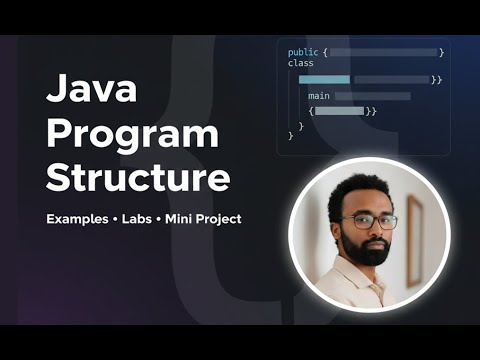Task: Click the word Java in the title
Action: click(x=91, y=88)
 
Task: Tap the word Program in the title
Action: click(x=132, y=134)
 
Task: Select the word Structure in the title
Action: click(x=138, y=176)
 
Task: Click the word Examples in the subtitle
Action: click(x=77, y=219)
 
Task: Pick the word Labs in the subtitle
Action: click(x=137, y=219)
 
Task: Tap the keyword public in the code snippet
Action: click(x=303, y=53)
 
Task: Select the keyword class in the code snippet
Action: click(x=301, y=63)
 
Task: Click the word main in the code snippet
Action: click(x=319, y=96)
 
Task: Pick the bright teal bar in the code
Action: click(x=324, y=80)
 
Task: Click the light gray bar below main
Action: click(x=340, y=111)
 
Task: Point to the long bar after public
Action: click(x=383, y=52)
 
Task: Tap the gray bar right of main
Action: click(x=373, y=96)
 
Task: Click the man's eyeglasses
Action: click(x=369, y=222)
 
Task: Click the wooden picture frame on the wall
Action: click(x=414, y=241)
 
